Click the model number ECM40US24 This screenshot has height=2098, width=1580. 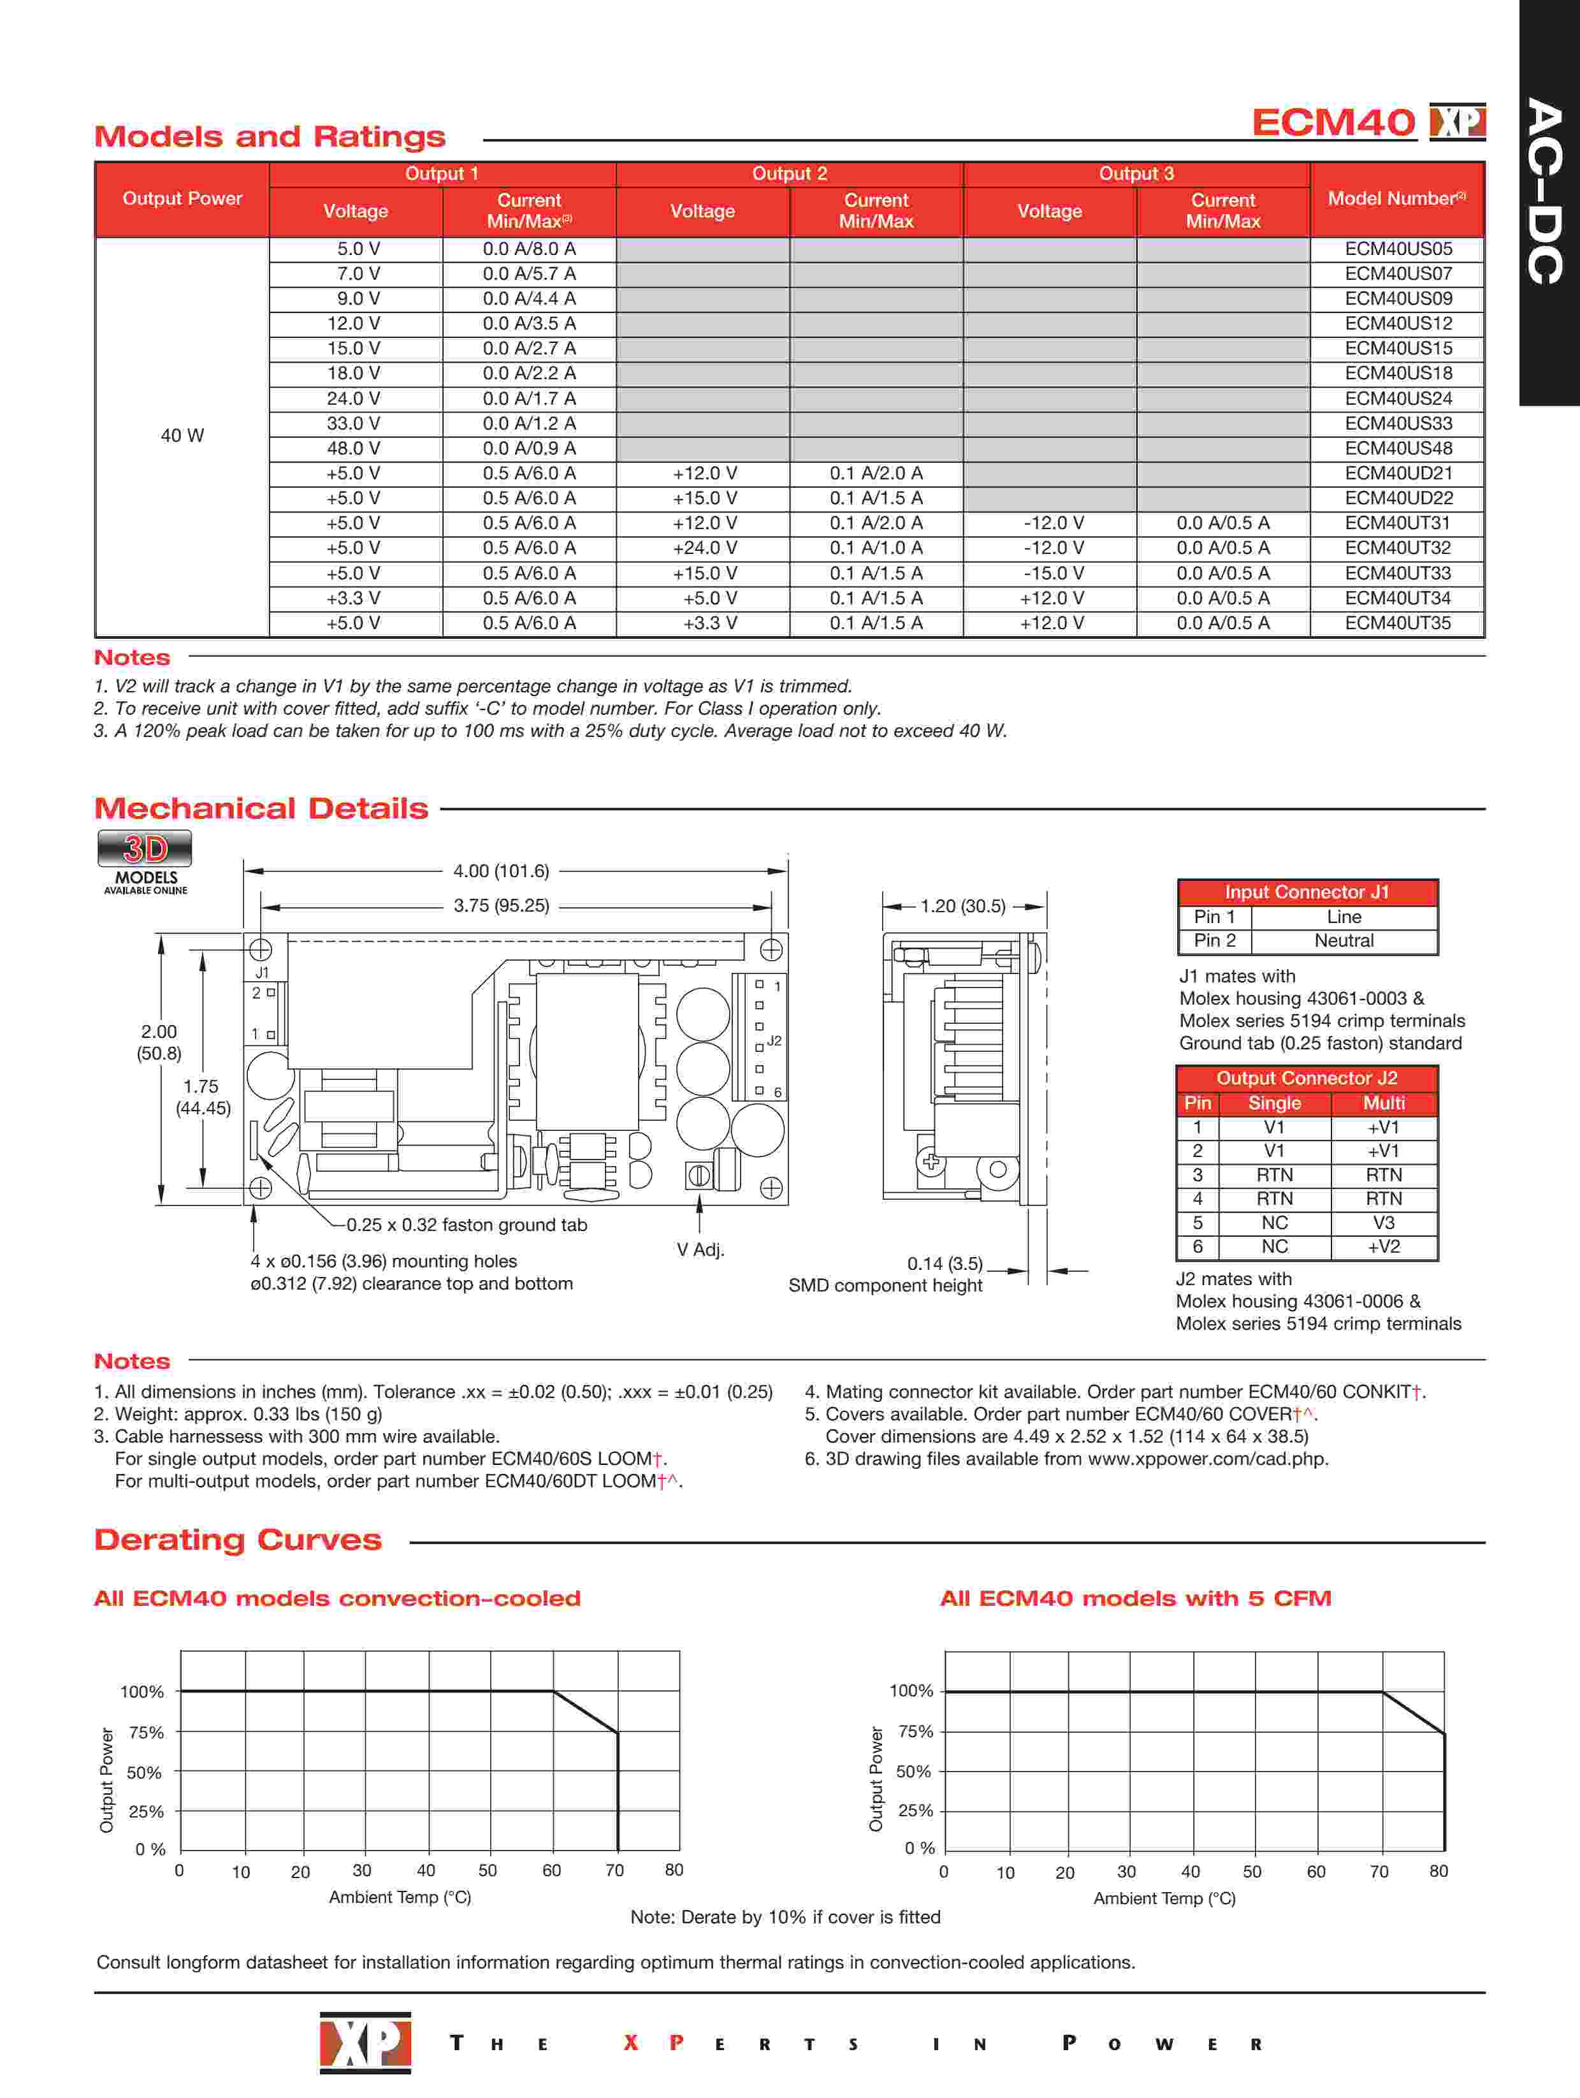tap(1398, 398)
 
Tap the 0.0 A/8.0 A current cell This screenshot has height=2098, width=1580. tap(528, 249)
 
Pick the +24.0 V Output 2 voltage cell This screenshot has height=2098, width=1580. tap(704, 548)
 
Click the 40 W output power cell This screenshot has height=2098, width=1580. tap(182, 435)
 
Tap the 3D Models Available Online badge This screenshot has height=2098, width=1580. tap(145, 861)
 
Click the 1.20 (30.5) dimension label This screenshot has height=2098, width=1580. tap(962, 906)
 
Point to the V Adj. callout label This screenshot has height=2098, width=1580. tap(700, 1249)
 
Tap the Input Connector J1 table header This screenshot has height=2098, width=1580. tap(1306, 892)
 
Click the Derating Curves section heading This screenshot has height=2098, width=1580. tap(238, 1540)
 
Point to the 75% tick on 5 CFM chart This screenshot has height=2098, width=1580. tap(915, 1731)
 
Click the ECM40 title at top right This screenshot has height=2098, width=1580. tap(1333, 122)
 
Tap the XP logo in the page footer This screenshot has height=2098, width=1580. tap(365, 2043)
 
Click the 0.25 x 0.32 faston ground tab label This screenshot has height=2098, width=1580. tap(467, 1225)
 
